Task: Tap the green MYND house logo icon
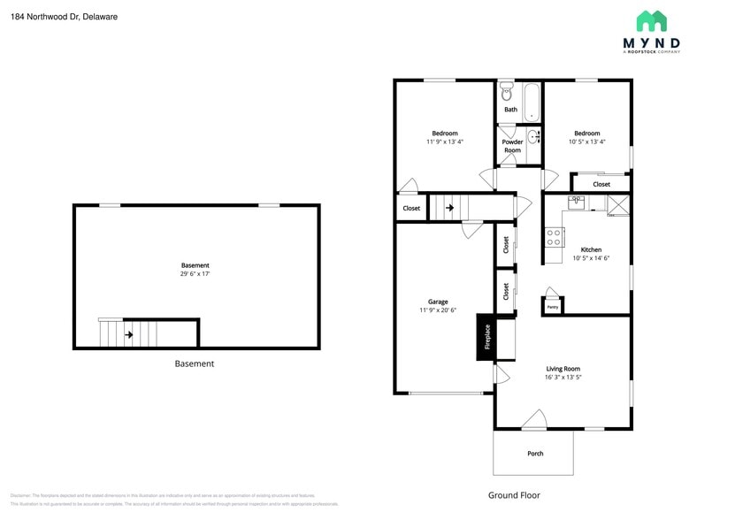(x=652, y=21)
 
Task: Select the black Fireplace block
(x=486, y=337)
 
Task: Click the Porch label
(x=535, y=454)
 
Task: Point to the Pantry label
(x=552, y=307)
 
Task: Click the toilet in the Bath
(x=507, y=92)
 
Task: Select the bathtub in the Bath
(x=531, y=102)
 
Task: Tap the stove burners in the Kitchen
(x=555, y=237)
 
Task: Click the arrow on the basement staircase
(x=129, y=334)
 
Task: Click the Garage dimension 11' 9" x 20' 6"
(x=438, y=310)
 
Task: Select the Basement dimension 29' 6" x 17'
(x=195, y=274)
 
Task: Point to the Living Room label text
(x=563, y=369)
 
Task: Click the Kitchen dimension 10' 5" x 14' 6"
(x=591, y=258)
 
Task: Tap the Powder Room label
(x=512, y=146)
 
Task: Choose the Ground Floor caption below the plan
(x=514, y=495)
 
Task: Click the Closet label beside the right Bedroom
(x=601, y=184)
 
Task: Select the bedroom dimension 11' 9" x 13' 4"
(x=444, y=141)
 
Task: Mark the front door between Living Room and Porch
(x=534, y=420)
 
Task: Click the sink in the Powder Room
(x=533, y=136)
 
